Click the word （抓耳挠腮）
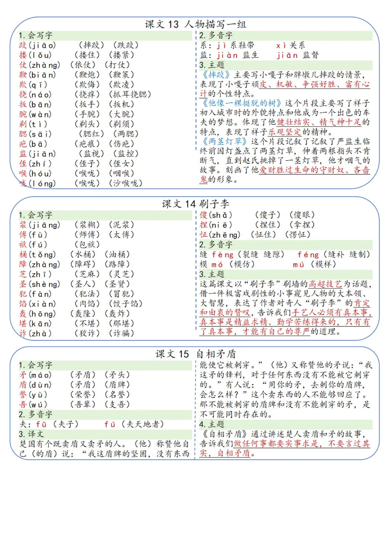(x=130, y=94)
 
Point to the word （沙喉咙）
(x=125, y=183)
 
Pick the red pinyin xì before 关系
(x=281, y=45)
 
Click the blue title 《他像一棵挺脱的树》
(x=242, y=103)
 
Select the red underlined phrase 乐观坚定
(x=284, y=132)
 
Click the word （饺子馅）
(x=125, y=304)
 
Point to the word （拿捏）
(x=302, y=225)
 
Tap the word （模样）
(x=323, y=264)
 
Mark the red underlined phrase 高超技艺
(x=325, y=284)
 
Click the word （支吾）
(x=117, y=404)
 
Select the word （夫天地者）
(x=142, y=424)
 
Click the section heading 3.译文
(x=31, y=434)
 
